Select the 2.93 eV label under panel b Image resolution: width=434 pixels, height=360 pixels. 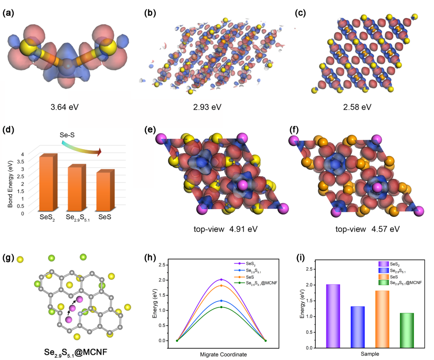[207, 107]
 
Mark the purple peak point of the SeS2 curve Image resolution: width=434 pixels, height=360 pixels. [221, 280]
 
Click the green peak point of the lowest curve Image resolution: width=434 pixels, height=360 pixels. [221, 307]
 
